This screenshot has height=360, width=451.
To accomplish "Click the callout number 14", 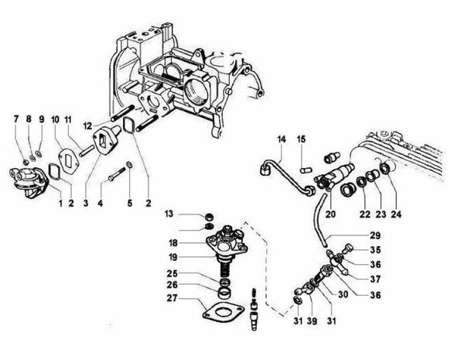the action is coord(282,139).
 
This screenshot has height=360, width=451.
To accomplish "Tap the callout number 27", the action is coord(172,298).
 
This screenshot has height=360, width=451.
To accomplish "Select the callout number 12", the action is coord(87,125).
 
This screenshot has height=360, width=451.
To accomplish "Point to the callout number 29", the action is coord(375,235).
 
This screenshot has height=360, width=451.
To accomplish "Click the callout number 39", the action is coord(312,321).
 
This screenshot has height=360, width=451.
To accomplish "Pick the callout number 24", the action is coord(396,214).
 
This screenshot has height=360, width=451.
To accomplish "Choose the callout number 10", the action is coord(55,119).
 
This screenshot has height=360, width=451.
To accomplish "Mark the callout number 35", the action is coord(375,250).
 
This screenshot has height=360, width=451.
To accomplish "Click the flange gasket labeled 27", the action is coord(223,310).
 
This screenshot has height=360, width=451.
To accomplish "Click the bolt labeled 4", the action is coord(117,174).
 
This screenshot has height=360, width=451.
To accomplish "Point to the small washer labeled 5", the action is coord(130,165).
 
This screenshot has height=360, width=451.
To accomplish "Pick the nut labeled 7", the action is coord(26,162).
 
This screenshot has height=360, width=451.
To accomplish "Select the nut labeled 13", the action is coord(210,217).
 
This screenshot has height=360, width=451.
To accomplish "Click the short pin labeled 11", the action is coord(87,151).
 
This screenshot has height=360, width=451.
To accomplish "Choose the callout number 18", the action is coord(173,243).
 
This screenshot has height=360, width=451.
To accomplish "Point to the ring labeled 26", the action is coord(224,293).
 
